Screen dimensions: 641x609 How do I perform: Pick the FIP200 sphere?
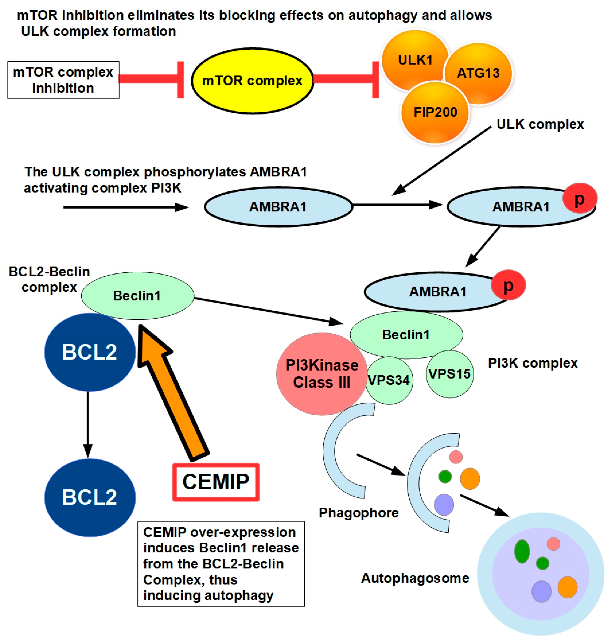pos(435,112)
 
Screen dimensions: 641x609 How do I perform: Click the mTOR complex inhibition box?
pos(63,80)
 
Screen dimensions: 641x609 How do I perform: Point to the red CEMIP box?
pos(216,482)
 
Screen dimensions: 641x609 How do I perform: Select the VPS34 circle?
pos(389,381)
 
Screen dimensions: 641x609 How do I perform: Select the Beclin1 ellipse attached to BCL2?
pos(137,296)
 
